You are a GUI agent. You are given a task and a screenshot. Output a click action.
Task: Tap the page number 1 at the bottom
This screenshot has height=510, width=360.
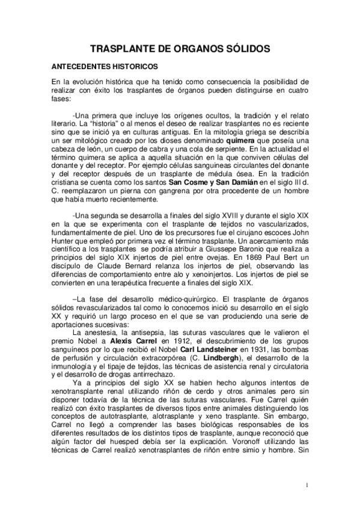pyautogui.click(x=307, y=486)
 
